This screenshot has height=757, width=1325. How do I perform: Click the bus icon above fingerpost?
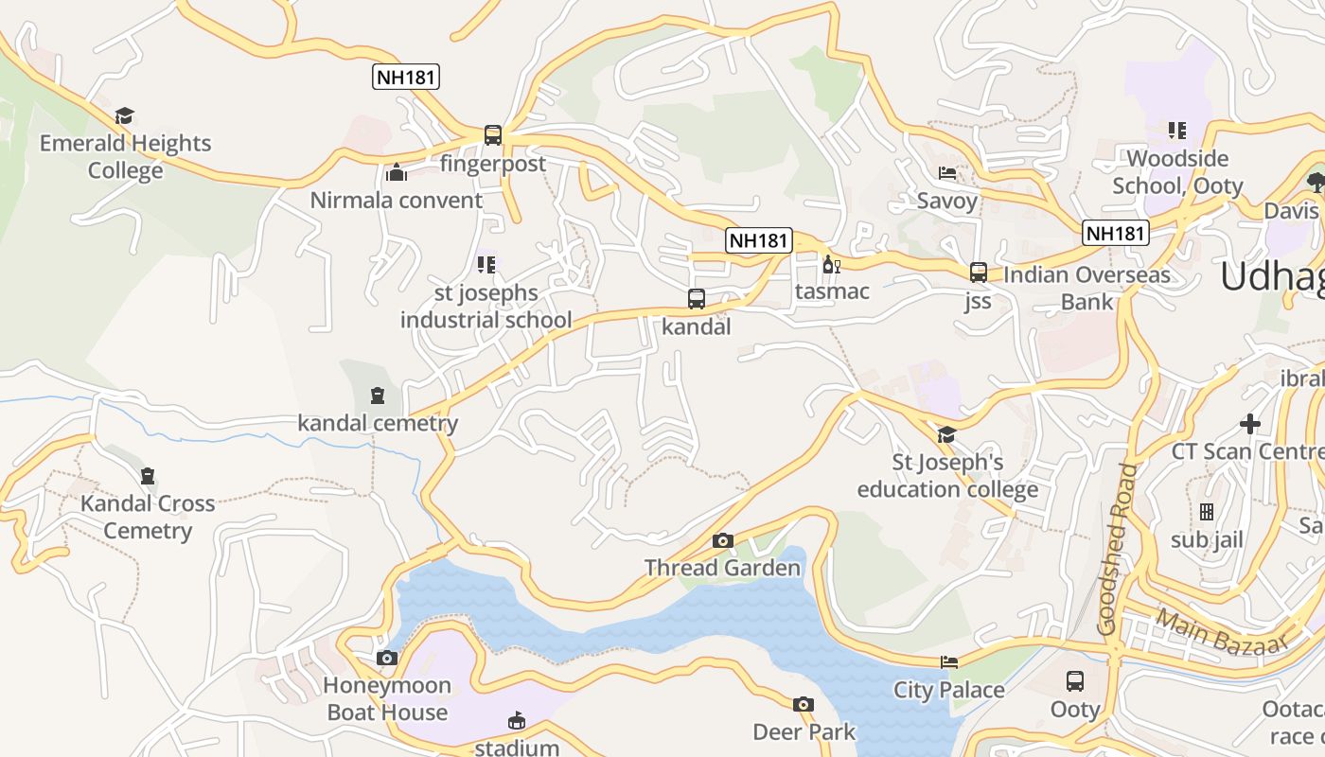(493, 135)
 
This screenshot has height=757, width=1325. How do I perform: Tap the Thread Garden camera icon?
(723, 540)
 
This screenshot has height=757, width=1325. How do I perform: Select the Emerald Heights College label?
(125, 157)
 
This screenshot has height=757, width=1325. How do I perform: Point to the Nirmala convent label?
(397, 201)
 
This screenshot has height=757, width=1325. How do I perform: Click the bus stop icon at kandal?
(697, 299)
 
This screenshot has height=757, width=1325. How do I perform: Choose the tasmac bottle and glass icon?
(832, 264)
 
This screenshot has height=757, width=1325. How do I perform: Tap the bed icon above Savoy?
(946, 173)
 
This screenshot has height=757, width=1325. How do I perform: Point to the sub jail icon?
(1207, 512)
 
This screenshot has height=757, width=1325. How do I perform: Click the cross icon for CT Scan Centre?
(1250, 423)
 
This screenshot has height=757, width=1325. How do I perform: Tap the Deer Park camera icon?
(804, 704)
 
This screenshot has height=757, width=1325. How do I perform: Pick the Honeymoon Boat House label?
(386, 698)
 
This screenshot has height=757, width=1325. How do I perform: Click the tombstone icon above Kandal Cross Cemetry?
(148, 475)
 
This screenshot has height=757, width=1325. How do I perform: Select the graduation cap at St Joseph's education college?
(946, 434)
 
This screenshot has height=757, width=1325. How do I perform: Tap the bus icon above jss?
(979, 273)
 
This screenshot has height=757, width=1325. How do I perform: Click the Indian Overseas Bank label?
(1086, 289)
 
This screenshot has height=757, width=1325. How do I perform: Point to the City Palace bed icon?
(949, 662)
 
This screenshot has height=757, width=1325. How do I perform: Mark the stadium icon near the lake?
(516, 721)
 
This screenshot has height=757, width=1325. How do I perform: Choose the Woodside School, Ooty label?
(1177, 171)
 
